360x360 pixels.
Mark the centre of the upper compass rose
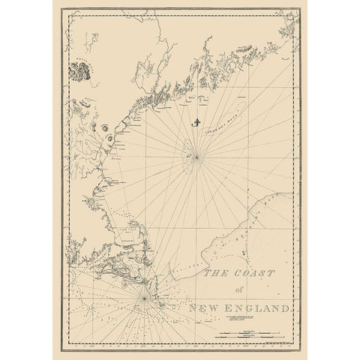coord(196,156)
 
